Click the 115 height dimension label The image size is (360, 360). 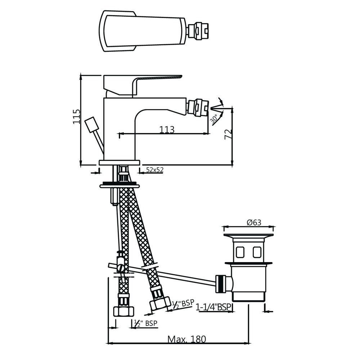pyautogui.click(x=76, y=116)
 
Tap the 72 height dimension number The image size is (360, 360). pyautogui.click(x=227, y=134)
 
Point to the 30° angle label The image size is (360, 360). pyautogui.click(x=214, y=119)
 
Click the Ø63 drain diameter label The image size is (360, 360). pyautogui.click(x=254, y=222)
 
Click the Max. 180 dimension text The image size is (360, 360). pyautogui.click(x=186, y=339)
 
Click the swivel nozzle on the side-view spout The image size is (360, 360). pyautogui.click(x=197, y=107)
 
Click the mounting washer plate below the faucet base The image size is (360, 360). pyautogui.click(x=119, y=185)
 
